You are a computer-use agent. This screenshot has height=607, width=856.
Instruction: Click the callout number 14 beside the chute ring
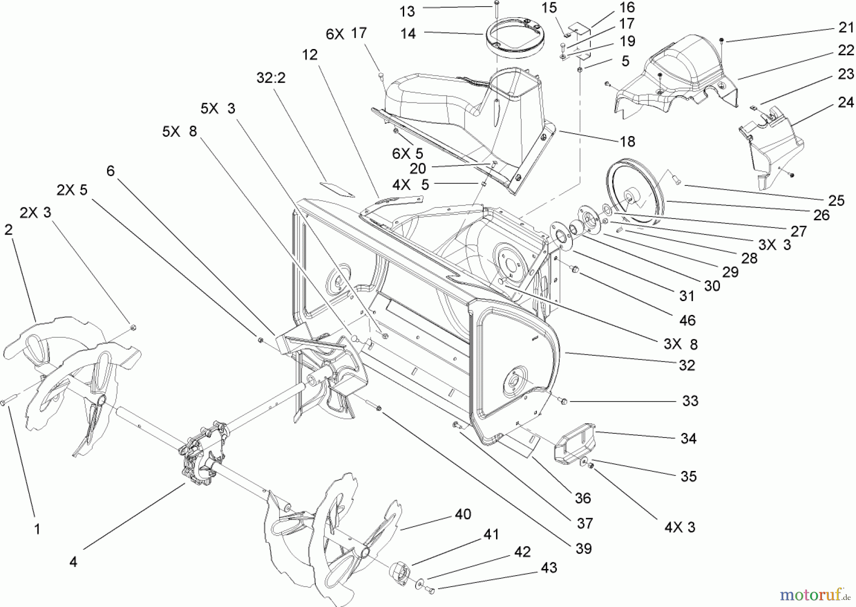(408, 34)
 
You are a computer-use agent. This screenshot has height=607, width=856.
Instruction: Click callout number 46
(687, 321)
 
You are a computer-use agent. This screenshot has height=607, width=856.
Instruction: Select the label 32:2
(271, 78)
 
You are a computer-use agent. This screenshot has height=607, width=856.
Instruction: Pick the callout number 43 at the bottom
(549, 568)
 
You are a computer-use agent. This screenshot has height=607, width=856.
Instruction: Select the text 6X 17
(346, 33)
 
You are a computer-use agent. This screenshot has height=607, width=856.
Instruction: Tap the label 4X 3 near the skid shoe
(680, 527)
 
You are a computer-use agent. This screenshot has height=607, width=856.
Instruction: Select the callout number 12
(310, 55)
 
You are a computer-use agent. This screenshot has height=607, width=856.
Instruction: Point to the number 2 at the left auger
(9, 229)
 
